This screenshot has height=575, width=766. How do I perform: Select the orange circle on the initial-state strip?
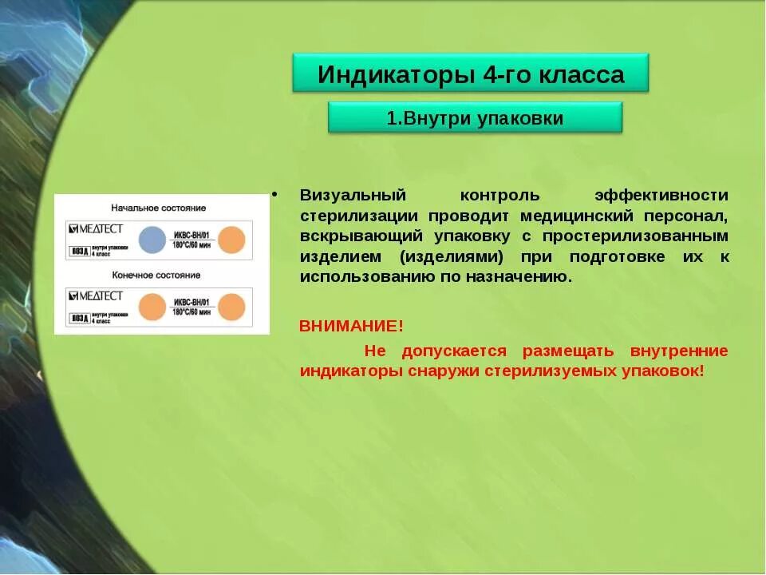231,240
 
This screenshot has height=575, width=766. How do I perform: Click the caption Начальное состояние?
158,208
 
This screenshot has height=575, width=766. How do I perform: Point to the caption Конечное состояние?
156,275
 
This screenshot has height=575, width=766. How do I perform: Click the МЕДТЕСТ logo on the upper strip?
96,229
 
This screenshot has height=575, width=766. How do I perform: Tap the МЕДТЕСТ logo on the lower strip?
96,296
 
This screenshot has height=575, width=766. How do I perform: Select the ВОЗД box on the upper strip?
80,250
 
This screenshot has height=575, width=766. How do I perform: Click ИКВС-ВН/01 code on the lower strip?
191,303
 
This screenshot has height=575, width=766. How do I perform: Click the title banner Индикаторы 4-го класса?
471,75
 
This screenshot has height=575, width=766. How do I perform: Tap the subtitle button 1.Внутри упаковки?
475,119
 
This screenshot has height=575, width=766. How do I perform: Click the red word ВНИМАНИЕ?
351,326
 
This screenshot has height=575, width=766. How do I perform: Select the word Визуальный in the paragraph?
353,196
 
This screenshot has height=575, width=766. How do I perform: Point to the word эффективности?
661,196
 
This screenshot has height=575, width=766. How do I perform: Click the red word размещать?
568,351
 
